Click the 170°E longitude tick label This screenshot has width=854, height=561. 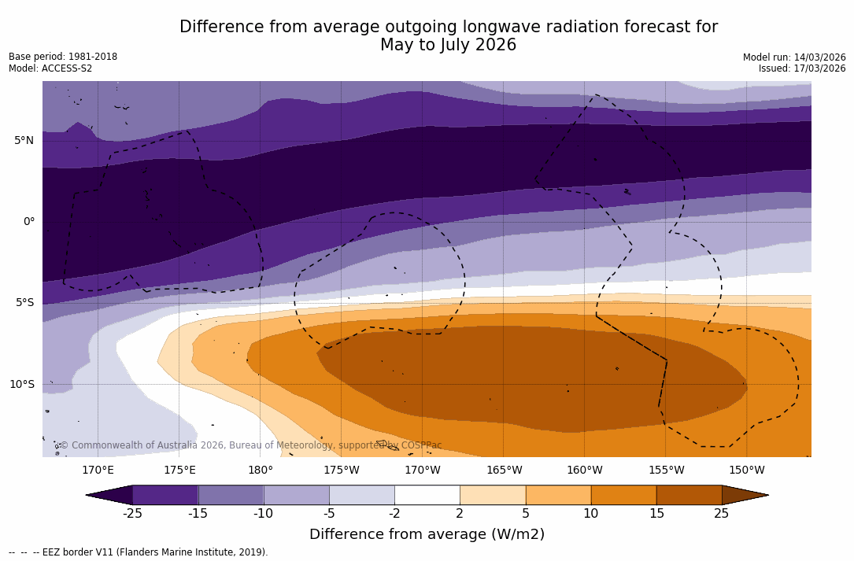(x=98, y=471)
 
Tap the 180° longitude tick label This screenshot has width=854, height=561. (x=261, y=471)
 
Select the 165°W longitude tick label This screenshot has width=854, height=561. (x=504, y=471)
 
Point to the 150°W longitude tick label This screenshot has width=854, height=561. (x=746, y=471)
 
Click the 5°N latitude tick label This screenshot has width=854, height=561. (x=24, y=141)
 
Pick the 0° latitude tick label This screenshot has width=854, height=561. (x=28, y=222)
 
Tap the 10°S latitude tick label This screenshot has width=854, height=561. (x=21, y=385)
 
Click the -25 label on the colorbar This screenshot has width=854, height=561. (x=132, y=514)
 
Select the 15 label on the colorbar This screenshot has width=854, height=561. (x=656, y=514)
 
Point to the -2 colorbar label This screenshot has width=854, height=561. (x=394, y=514)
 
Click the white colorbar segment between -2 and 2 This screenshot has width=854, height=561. (x=427, y=495)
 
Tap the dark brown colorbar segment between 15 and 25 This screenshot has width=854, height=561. (x=689, y=495)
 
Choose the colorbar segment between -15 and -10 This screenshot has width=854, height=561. (x=231, y=495)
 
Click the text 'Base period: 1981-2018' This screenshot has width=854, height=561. (x=63, y=57)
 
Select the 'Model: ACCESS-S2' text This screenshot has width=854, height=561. (x=50, y=68)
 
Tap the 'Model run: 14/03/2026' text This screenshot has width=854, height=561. (x=794, y=57)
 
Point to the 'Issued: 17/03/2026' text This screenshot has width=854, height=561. (x=802, y=68)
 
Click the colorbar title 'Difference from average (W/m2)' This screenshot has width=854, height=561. (x=427, y=535)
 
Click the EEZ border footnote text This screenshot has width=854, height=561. (x=139, y=552)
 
